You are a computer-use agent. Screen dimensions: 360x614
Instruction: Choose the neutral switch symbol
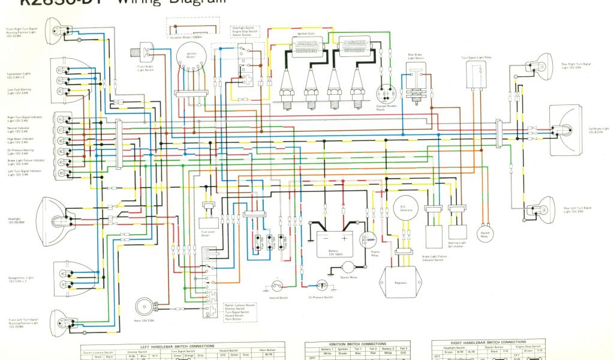tap(277, 286)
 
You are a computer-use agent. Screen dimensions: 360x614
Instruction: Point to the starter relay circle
tap(365, 240)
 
